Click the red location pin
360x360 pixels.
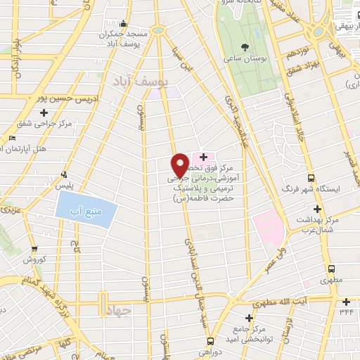[x=180, y=165]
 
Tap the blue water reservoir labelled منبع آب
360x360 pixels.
[x=84, y=209]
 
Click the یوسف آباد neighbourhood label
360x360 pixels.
[x=141, y=82]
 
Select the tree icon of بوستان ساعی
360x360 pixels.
[x=245, y=46]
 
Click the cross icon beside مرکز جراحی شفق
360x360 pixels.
[x=44, y=112]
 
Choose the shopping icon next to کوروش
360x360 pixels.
[x=34, y=248]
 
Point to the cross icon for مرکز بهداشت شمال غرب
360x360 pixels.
[x=317, y=209]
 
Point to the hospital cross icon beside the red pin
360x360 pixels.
[x=202, y=156]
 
